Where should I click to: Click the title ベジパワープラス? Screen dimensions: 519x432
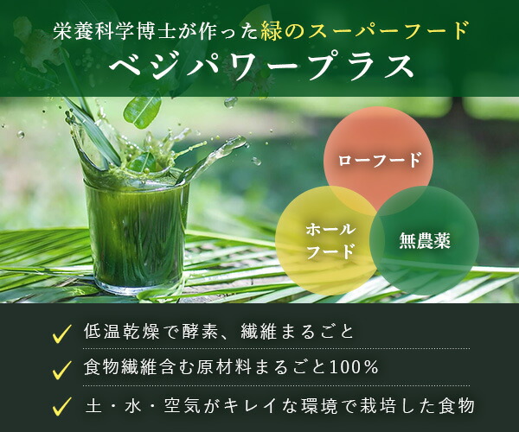tap(261, 67)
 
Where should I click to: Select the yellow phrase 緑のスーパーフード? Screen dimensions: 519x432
tap(364, 31)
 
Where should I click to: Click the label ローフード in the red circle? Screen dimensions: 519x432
tap(380, 161)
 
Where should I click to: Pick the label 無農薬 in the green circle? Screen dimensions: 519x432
tap(425, 241)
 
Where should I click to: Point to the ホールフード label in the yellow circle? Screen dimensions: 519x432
tap(330, 241)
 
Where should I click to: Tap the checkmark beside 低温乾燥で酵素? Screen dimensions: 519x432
tap(62, 334)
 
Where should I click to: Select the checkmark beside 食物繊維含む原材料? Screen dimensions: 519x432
tap(62, 370)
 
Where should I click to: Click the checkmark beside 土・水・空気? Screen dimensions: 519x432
tap(62, 406)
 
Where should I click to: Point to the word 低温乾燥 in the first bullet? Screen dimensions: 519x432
tap(122, 331)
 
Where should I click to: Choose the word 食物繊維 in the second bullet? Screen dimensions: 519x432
tap(122, 367)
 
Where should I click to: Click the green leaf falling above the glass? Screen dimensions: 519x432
tap(143, 111)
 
